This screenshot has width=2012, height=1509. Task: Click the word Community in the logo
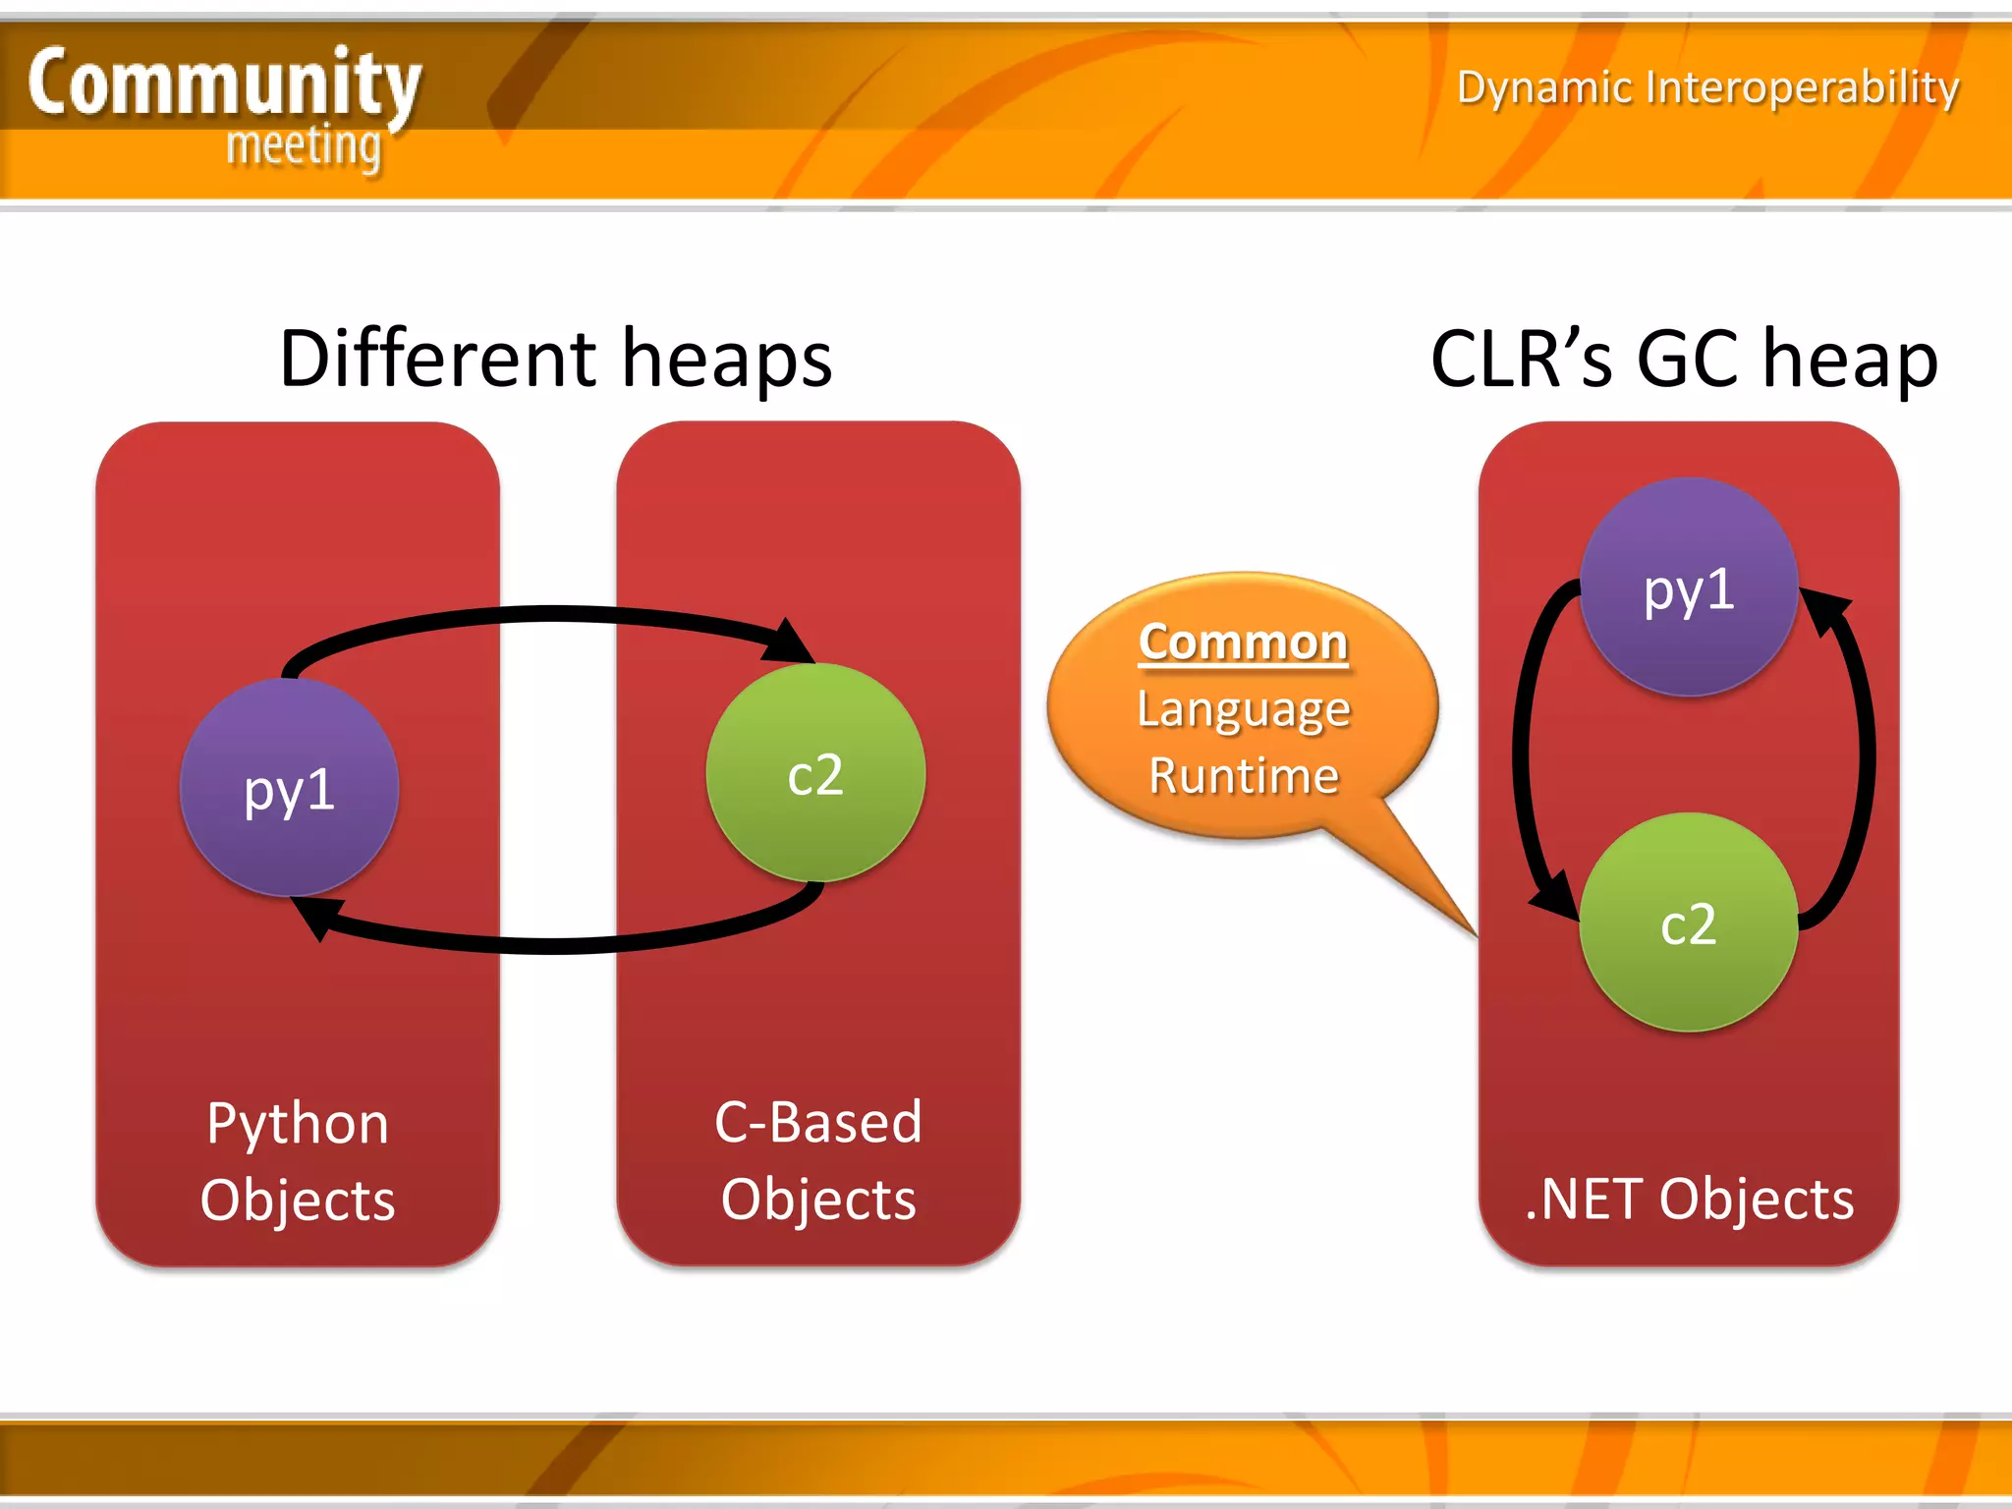pyautogui.click(x=224, y=84)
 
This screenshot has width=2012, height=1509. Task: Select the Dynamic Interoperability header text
pyautogui.click(x=1707, y=87)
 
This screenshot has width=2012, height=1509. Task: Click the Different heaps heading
pyautogui.click(x=556, y=359)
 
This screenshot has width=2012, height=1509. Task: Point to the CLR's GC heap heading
pyautogui.click(x=1684, y=360)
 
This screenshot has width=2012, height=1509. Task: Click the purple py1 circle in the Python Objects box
pyautogui.click(x=289, y=788)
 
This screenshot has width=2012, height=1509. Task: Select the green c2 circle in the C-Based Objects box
pyautogui.click(x=815, y=773)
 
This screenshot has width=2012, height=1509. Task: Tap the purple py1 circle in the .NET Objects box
pyautogui.click(x=1689, y=587)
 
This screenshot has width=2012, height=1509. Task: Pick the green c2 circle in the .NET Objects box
pyautogui.click(x=1689, y=922)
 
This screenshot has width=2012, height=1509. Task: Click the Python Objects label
pyautogui.click(x=298, y=1160)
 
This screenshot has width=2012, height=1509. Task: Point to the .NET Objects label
pyautogui.click(x=1689, y=1199)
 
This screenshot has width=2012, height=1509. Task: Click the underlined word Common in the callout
pyautogui.click(x=1243, y=643)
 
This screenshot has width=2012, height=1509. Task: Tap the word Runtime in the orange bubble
pyautogui.click(x=1244, y=776)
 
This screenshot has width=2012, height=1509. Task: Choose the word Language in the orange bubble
pyautogui.click(x=1244, y=709)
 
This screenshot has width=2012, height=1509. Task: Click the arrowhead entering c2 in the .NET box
pyautogui.click(x=1555, y=895)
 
